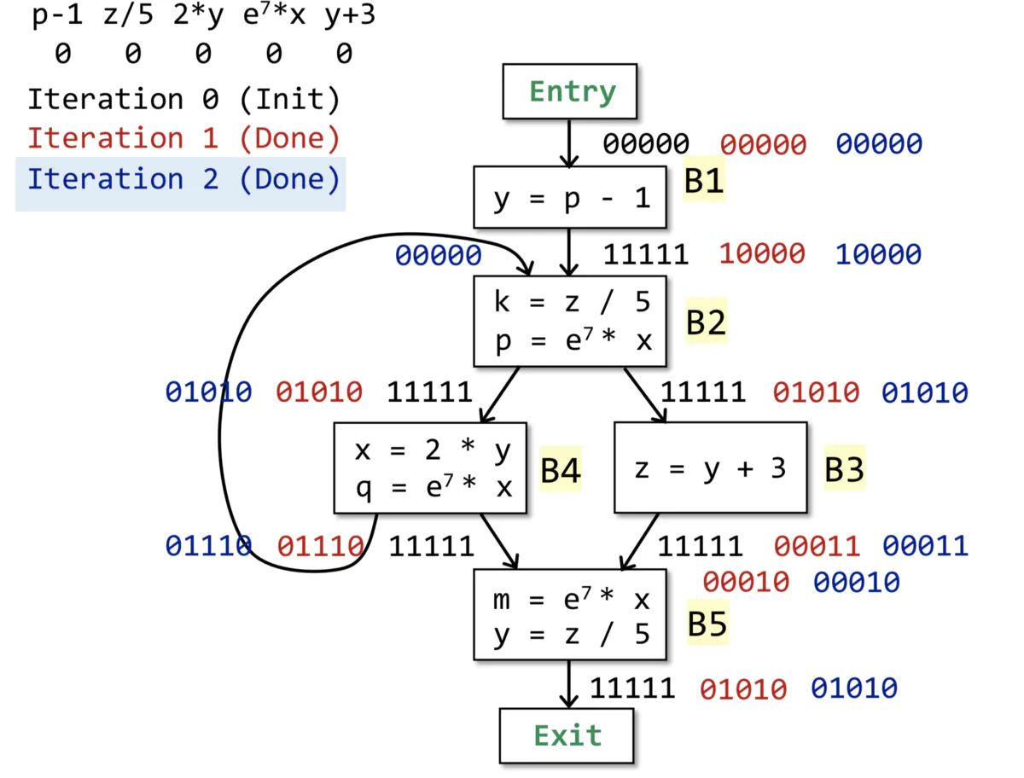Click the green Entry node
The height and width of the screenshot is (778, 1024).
[x=569, y=91]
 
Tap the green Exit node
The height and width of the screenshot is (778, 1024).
[x=567, y=735]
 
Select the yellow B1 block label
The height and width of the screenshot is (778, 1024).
[x=703, y=180]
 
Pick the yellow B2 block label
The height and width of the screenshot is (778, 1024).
[x=706, y=321]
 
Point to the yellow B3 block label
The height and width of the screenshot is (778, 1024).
[x=844, y=468]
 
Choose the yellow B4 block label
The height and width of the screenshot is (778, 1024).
[x=560, y=469]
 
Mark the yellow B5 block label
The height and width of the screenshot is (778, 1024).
[x=707, y=623]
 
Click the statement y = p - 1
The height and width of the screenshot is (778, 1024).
[x=571, y=198]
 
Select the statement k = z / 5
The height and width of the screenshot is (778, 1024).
[x=571, y=302]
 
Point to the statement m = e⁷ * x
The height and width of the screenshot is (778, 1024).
[x=571, y=599]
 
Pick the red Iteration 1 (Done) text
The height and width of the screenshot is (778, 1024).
[x=183, y=139]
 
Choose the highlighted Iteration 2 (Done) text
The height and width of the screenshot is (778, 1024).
[x=183, y=179]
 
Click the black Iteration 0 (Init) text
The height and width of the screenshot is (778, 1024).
[x=183, y=99]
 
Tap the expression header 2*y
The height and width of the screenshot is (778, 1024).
[x=198, y=15]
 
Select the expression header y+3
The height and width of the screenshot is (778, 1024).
[x=349, y=15]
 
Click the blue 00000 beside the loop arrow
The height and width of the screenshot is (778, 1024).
[x=438, y=255]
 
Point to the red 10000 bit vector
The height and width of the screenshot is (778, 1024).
[x=761, y=254]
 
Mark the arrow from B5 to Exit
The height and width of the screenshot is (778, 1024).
[x=568, y=684]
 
